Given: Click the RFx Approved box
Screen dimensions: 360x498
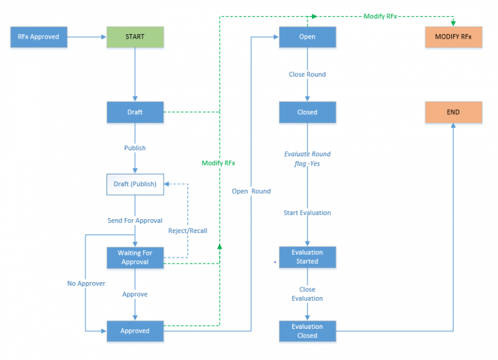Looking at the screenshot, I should (39, 37).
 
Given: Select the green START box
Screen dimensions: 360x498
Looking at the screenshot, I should (135, 37).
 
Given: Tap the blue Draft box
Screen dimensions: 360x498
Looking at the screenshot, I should (135, 112).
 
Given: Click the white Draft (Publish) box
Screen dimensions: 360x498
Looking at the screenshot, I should (135, 184).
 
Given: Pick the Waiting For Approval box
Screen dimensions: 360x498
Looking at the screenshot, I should (135, 257).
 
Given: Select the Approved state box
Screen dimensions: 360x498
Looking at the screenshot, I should (135, 331).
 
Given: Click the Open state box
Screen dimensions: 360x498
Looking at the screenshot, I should (308, 37).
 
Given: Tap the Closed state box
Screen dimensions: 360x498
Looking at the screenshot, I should (308, 112).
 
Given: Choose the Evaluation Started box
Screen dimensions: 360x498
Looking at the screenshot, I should (308, 257).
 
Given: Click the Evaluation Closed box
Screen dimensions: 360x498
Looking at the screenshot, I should (308, 331).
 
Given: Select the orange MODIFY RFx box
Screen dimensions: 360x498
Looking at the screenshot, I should (453, 37).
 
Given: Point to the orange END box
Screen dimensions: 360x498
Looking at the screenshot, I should (453, 112).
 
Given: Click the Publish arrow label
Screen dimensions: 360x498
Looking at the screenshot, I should (135, 148).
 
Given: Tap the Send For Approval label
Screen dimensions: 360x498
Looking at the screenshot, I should (135, 220).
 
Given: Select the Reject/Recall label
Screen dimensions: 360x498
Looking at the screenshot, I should (187, 230).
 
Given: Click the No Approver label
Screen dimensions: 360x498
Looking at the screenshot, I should (86, 283).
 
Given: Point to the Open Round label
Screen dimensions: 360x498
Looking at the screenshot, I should (251, 191).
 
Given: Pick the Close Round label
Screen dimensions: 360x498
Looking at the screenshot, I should (307, 75).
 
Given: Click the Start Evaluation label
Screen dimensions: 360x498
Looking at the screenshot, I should (307, 213).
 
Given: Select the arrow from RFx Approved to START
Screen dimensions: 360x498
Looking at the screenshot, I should (87, 37).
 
